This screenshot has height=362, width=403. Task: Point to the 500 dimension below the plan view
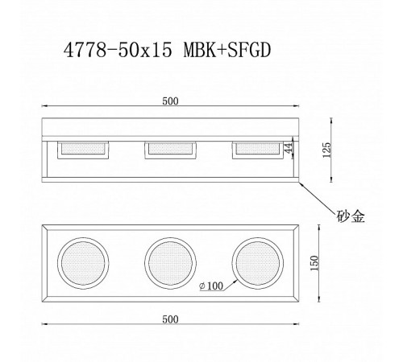(169, 319)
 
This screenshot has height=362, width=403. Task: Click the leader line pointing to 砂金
(318, 197)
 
